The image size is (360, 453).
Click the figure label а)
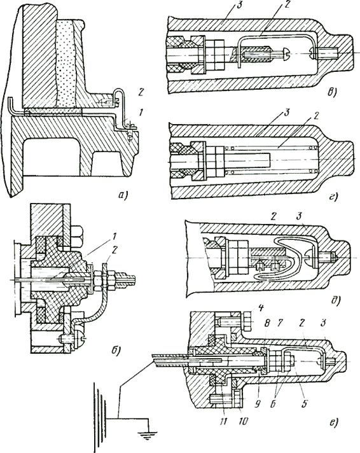(123, 195)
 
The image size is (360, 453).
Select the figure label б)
(114, 351)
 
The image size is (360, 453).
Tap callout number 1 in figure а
(141, 113)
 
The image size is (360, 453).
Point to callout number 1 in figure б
(114, 237)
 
